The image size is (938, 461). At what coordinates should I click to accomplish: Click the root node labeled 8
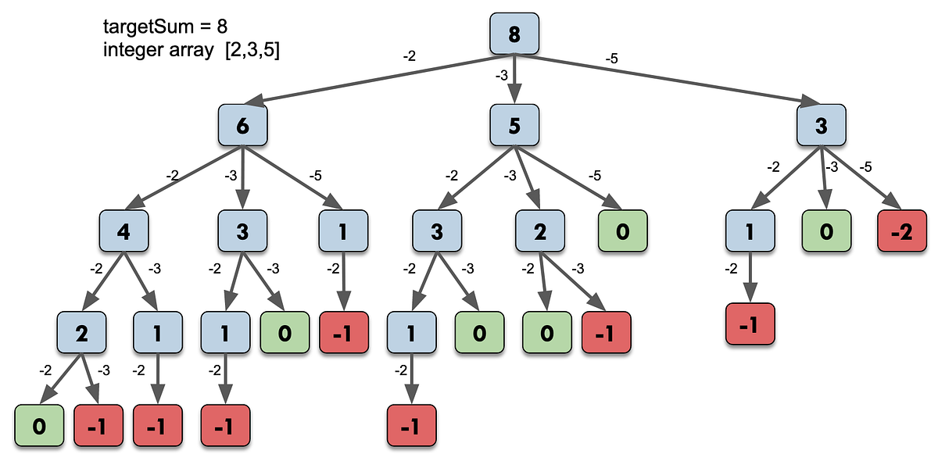pyautogui.click(x=514, y=36)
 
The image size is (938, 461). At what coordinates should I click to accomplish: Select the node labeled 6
pyautogui.click(x=243, y=127)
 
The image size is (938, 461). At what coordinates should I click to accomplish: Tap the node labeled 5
pyautogui.click(x=514, y=127)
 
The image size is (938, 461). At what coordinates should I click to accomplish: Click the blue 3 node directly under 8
pyautogui.click(x=821, y=127)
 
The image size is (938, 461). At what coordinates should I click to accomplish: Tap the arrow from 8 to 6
pyautogui.click(x=375, y=79)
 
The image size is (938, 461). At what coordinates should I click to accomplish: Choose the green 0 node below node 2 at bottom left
pyautogui.click(x=38, y=427)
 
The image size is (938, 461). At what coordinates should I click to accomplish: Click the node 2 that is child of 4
pyautogui.click(x=81, y=333)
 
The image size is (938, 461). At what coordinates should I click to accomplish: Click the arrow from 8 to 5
pyautogui.click(x=514, y=82)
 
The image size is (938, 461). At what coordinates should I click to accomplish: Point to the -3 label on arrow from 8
pyautogui.click(x=503, y=76)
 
